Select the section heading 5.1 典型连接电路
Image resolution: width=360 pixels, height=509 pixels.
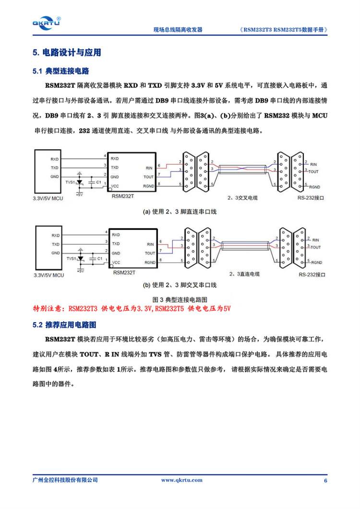coord(60,71)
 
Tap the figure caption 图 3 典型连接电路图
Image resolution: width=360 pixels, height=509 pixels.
coord(180,299)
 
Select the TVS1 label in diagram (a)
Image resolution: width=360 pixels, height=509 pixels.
coord(71,182)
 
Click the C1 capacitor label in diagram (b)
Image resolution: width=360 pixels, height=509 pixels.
coord(99,258)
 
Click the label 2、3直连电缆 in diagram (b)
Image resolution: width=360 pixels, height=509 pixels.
coord(244,273)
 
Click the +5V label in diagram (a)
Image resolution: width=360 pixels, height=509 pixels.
coord(80,194)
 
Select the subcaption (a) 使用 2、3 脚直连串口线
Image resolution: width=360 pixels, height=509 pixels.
coord(180,211)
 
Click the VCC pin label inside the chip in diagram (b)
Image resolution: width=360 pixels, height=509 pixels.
coord(116,263)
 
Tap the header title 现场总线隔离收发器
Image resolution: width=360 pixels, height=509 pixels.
coord(178,29)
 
